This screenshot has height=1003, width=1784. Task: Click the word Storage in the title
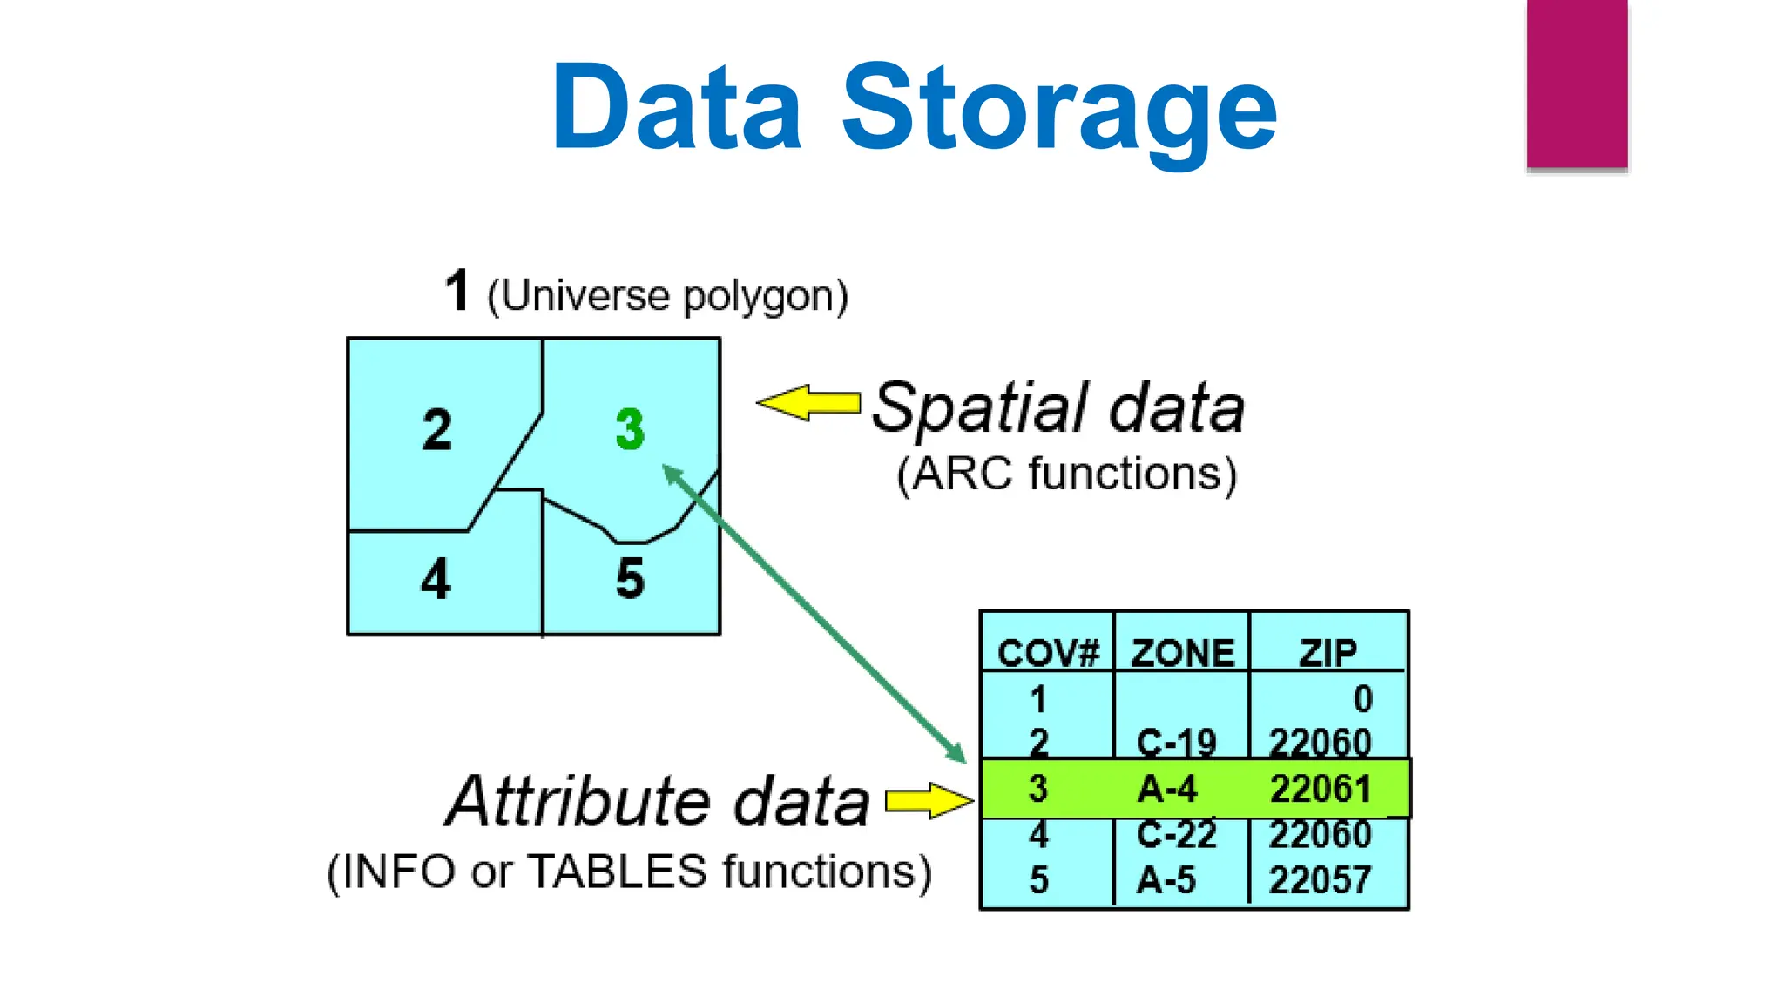1058,109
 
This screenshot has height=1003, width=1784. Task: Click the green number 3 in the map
630,429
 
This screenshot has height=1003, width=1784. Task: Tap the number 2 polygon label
437,430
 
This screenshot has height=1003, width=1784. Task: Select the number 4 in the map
436,579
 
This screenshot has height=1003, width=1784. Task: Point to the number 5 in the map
630,579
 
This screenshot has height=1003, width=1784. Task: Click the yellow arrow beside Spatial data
809,402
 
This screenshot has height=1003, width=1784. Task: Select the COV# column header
1048,653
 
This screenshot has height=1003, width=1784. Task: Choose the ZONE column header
1182,653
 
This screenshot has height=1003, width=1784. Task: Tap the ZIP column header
1328,653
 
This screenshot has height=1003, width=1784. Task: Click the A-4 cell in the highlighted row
1167,789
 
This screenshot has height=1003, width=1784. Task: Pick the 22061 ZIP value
1321,789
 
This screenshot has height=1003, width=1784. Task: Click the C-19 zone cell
1176,743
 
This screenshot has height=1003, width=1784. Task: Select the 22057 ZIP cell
1321,879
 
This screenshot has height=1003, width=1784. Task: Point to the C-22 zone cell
1176,834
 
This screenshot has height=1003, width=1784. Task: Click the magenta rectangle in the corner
1577,84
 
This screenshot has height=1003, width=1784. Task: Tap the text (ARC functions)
1066,475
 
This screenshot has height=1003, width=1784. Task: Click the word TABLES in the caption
618,872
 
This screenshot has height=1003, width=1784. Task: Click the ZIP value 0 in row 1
1362,699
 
